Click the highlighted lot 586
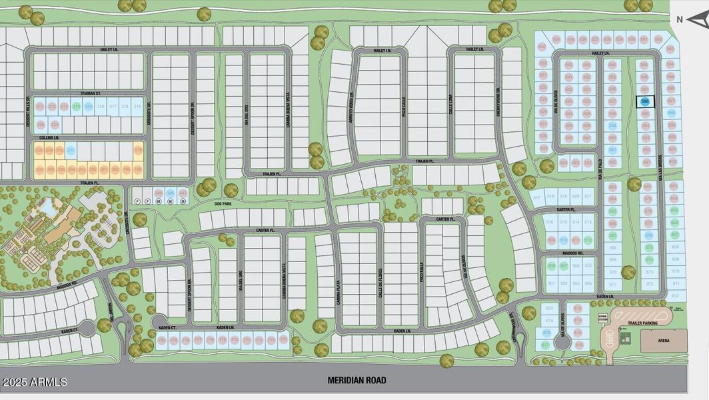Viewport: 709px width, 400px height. [645, 101]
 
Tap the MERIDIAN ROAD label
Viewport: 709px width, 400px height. [356, 381]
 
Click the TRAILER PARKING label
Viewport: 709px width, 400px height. [642, 323]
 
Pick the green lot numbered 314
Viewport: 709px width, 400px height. [77, 107]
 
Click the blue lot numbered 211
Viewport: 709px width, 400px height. [71, 151]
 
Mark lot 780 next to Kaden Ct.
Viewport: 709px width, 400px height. [162, 341]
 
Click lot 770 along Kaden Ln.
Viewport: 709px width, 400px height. [283, 341]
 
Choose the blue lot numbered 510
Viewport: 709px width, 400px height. [564, 240]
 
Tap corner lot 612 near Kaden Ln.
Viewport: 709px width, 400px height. [675, 295]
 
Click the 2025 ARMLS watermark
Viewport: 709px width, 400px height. [35, 382]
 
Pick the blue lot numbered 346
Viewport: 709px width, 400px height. [171, 193]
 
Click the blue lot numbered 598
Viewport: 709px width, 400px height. [672, 113]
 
